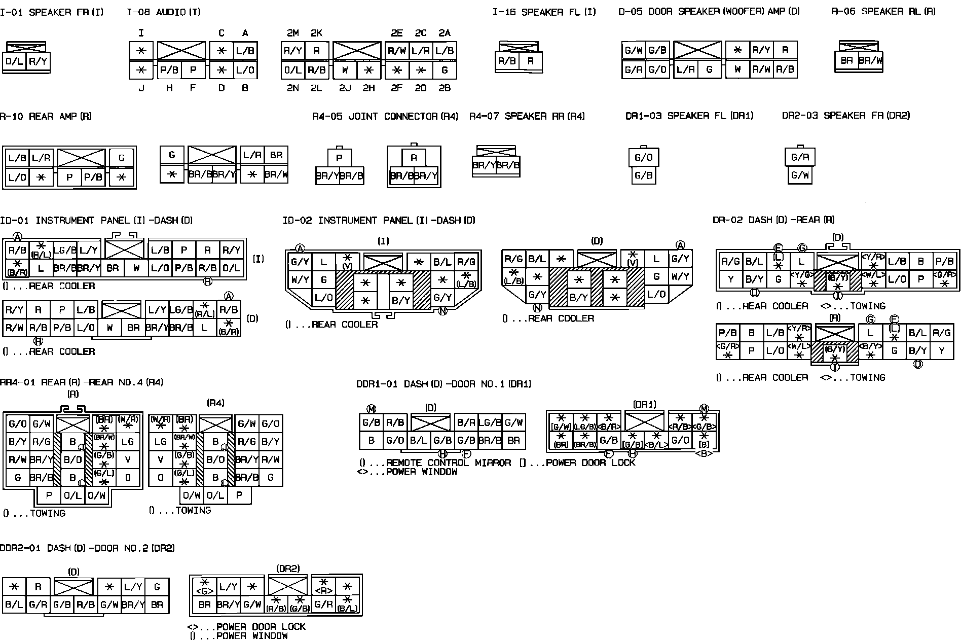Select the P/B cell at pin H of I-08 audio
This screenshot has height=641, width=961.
(169, 70)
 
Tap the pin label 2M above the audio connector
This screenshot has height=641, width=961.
(293, 33)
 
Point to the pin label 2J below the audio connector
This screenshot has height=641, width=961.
(345, 88)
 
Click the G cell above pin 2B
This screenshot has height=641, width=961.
(445, 70)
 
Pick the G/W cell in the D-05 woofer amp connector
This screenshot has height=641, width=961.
(634, 51)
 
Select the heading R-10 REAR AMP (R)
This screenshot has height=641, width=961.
(46, 117)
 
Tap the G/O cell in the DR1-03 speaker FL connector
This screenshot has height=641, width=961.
(643, 158)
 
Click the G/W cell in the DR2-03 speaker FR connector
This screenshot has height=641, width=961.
(800, 175)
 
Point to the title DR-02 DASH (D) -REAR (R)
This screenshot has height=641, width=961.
(773, 220)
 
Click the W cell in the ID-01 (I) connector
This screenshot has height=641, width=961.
(136, 268)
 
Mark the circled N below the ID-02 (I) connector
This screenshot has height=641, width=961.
(442, 311)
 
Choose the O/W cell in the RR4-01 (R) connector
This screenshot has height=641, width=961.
(96, 495)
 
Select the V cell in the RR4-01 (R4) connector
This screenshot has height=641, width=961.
(161, 460)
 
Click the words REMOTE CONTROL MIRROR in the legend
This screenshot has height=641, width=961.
(448, 463)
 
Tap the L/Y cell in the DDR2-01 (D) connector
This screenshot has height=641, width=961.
(133, 587)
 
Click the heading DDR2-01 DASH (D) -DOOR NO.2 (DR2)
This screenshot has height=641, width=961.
(87, 548)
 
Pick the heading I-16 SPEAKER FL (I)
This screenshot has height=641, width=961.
(544, 12)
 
